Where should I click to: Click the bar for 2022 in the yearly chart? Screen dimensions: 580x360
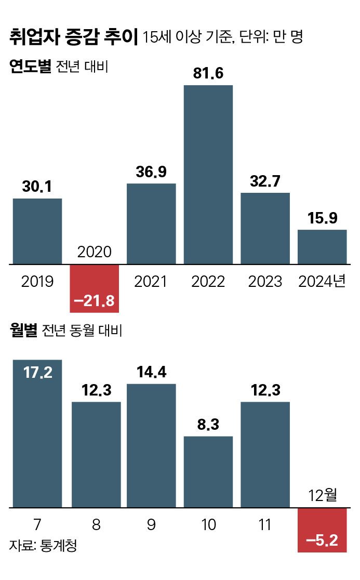(x=208, y=174)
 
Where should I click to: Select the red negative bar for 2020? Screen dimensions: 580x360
(x=94, y=288)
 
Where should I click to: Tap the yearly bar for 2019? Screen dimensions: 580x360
(x=37, y=231)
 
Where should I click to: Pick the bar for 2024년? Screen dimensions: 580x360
(x=322, y=247)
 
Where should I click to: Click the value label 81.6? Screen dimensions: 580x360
(x=208, y=74)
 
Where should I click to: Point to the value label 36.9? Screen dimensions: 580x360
(x=151, y=173)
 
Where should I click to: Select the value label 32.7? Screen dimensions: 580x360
(x=265, y=181)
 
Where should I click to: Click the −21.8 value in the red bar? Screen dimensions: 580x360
(x=94, y=300)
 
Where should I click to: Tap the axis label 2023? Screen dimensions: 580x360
(x=265, y=281)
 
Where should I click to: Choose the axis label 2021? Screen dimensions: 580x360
(x=151, y=281)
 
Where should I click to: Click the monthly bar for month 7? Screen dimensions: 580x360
(x=37, y=442)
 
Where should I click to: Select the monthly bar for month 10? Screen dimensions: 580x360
(x=208, y=471)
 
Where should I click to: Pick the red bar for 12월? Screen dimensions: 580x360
(x=322, y=530)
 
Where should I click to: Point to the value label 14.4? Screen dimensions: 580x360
(x=151, y=372)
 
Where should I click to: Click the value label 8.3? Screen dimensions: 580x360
(x=208, y=425)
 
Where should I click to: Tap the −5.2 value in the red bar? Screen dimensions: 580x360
(x=322, y=541)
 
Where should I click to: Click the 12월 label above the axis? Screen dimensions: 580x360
(x=322, y=495)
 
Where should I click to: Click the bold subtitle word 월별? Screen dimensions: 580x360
(x=23, y=331)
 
